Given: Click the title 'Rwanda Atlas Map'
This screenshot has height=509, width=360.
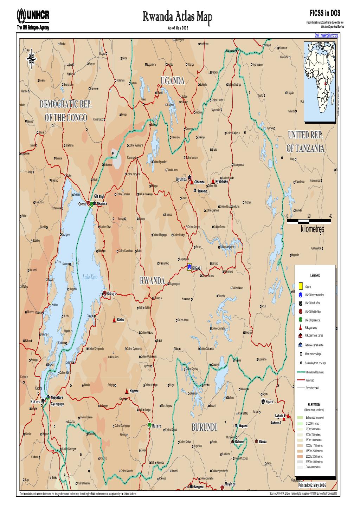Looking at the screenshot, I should tap(178, 16).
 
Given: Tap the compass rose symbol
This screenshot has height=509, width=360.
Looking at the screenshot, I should tap(32, 57).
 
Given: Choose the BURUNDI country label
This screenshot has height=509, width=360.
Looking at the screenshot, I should tap(205, 427).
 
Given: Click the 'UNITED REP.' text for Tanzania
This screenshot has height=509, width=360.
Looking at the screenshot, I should tap(305, 136).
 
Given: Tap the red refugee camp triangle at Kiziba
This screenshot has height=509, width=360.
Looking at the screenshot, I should tap(114, 320).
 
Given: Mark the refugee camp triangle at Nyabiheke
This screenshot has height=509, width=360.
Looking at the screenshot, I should tap(213, 180).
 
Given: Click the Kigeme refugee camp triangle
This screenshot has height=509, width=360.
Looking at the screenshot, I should tap(127, 391).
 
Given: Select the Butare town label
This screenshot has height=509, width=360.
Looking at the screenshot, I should tap(156, 426).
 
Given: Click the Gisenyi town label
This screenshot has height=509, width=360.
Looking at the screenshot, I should tap(99, 196).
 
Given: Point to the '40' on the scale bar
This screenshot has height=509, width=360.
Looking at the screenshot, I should tap(330, 216).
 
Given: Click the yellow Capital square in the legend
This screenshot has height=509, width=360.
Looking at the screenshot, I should tap(301, 286).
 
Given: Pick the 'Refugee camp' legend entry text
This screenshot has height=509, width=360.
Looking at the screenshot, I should tap(311, 328).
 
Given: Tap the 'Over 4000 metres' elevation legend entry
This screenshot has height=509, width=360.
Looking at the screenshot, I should tap(313, 467).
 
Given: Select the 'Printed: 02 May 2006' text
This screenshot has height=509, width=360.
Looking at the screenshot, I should tap(312, 485).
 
